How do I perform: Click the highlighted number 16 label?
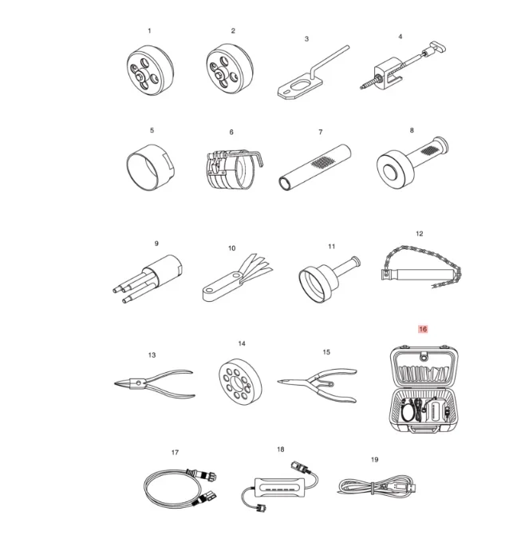point(422,329)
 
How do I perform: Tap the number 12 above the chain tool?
point(420,234)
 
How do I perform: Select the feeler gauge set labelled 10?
point(237,278)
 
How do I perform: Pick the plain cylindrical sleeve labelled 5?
point(150,167)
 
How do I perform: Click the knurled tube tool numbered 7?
point(315,167)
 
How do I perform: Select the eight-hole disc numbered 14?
point(240,382)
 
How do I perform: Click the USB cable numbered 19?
point(377,485)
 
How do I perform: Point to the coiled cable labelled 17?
point(180,487)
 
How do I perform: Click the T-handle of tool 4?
point(438,46)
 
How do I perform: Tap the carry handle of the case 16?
point(424,429)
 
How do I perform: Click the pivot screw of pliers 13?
point(138,382)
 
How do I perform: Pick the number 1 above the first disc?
point(149,30)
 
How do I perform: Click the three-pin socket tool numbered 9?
point(147,279)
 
